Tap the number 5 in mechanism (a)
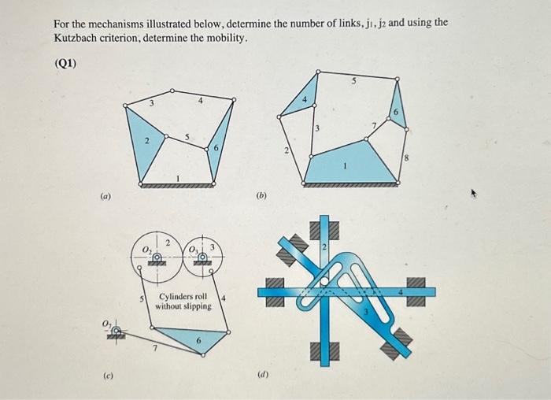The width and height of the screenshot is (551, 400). (x=187, y=138)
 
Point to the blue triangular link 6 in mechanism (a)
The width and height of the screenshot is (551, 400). (x=220, y=142)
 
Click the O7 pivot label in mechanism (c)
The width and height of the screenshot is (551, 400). (x=107, y=324)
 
